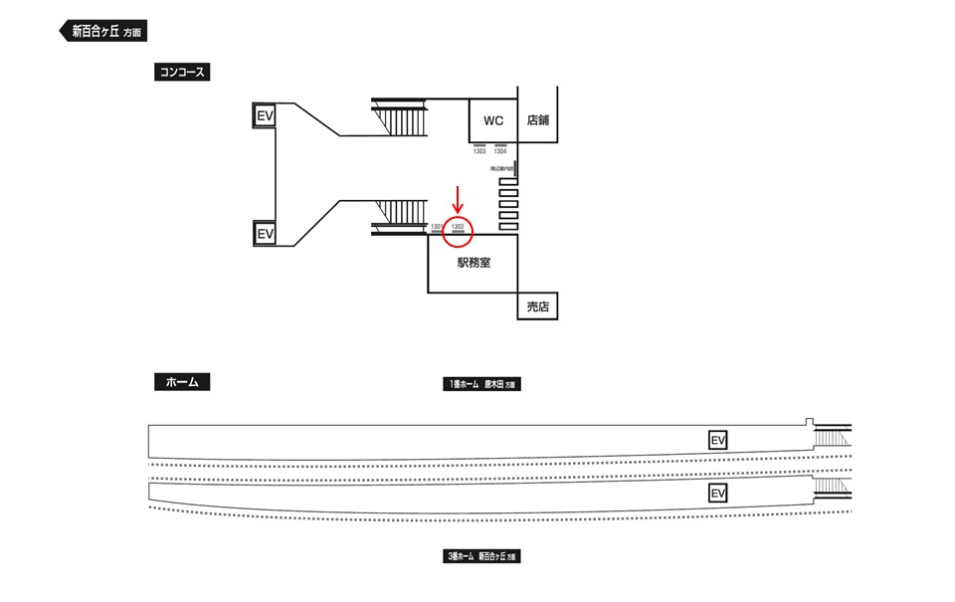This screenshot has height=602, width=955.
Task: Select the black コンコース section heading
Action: (x=181, y=72)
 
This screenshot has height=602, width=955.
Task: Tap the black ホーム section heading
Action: (x=181, y=381)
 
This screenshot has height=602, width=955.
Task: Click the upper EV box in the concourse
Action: (x=265, y=116)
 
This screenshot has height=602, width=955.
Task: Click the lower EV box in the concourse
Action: (x=265, y=234)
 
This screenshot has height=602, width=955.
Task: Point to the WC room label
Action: (x=493, y=120)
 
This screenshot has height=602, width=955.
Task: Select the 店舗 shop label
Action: (x=538, y=120)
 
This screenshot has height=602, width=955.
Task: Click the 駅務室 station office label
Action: (x=473, y=263)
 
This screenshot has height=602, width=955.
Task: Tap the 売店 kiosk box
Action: (x=537, y=306)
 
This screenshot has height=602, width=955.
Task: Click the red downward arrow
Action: (x=458, y=200)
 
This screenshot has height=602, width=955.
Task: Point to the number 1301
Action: (x=436, y=227)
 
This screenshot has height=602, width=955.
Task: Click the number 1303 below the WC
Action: (x=479, y=151)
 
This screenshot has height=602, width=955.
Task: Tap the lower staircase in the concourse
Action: (x=399, y=216)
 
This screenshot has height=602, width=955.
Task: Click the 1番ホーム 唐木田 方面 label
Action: (x=481, y=384)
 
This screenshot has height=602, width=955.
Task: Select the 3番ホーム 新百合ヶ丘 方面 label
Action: (x=481, y=557)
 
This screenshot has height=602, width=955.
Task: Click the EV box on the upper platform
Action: (x=718, y=440)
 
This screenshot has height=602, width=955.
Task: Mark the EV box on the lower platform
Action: (x=718, y=494)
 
